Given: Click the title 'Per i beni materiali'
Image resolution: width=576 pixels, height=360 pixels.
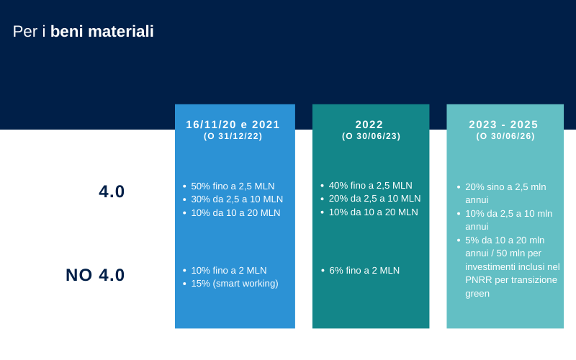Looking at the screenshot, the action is [x=84, y=31].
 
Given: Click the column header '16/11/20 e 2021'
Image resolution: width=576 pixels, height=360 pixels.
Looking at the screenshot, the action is [x=233, y=125].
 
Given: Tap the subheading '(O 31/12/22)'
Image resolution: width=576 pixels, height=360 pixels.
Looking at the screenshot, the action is [x=233, y=136].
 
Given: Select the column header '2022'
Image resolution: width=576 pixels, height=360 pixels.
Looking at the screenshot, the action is [x=369, y=125].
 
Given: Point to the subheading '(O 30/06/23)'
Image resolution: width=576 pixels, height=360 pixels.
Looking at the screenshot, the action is [x=371, y=136].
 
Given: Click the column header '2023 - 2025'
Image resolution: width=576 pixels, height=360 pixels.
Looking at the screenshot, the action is [x=503, y=125].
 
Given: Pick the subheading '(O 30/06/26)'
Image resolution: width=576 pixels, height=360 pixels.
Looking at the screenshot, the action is [x=505, y=136].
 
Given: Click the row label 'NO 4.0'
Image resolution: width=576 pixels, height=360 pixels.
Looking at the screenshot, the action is [x=95, y=275].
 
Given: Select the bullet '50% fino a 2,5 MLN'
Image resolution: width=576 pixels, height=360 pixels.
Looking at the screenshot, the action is [x=233, y=186].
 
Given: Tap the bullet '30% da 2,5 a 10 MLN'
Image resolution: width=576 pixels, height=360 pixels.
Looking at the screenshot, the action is [x=237, y=199].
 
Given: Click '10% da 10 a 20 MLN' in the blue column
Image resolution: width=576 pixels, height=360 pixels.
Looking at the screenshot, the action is [x=235, y=212].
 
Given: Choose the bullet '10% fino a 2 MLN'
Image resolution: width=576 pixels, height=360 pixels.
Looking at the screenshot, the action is [x=229, y=271].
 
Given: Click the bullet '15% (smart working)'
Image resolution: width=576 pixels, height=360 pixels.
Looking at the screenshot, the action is [x=235, y=284].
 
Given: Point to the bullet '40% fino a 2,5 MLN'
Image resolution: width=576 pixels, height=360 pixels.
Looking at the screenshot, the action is [x=370, y=186].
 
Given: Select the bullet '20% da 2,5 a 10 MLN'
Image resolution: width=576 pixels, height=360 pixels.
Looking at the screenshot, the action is [x=374, y=199].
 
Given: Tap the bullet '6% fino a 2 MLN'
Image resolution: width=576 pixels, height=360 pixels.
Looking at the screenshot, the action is [x=364, y=271].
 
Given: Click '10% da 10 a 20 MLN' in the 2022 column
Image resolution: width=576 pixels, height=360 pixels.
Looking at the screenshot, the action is [x=373, y=212].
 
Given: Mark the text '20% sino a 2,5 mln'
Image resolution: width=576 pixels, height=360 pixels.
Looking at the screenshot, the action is [x=505, y=187].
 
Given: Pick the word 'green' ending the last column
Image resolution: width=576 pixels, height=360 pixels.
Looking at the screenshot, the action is [x=477, y=294].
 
